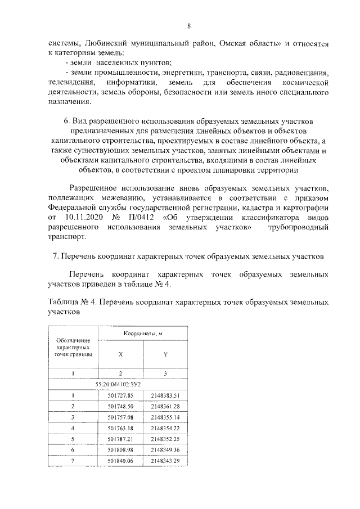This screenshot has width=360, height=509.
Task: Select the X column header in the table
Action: pos(120,354)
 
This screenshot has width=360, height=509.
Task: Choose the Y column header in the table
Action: pos(165,354)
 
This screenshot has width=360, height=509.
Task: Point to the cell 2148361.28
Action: pos(165,406)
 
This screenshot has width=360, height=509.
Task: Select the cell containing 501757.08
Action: pos(120,417)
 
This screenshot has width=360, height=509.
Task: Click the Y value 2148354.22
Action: pos(165,429)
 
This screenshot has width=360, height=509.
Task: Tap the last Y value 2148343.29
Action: pos(165,461)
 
